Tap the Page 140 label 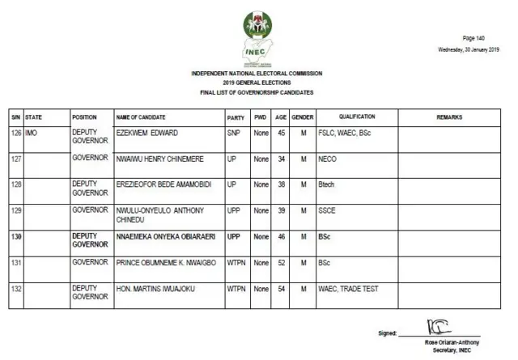point(473,38)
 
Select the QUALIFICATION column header point(357,117)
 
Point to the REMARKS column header point(449,117)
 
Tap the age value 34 point(281,159)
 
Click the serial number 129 point(15,210)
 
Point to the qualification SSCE point(328,210)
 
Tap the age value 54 point(281,288)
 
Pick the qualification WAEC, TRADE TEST point(348,288)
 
